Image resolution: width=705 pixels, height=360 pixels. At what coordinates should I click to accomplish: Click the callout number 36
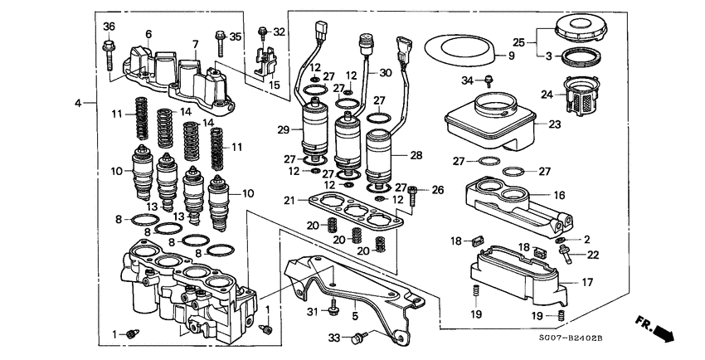pos(109,27)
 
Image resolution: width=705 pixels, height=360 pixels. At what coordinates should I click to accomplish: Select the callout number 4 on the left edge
pos(78,103)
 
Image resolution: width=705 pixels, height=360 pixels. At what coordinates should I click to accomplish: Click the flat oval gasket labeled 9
pos(461,49)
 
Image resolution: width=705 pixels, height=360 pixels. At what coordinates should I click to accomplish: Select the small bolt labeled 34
pos(489,81)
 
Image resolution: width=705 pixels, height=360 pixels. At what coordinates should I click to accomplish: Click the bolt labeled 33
pos(359,338)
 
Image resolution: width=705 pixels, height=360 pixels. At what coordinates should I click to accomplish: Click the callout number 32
pos(279,32)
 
